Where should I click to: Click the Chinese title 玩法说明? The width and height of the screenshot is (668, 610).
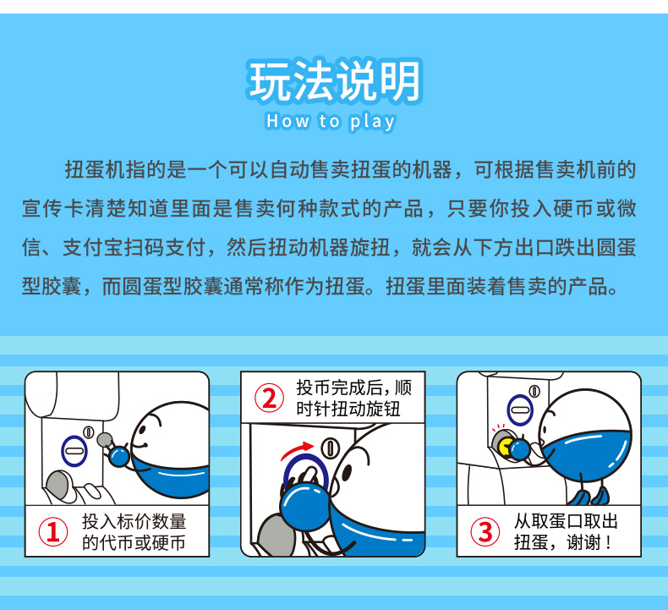[x=335, y=81]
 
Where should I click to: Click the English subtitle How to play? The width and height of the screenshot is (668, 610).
[x=331, y=122]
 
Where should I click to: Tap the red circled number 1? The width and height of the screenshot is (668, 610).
[x=53, y=532]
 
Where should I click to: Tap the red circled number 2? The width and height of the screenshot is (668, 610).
[x=269, y=398]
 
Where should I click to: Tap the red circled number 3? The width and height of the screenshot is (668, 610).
[x=485, y=531]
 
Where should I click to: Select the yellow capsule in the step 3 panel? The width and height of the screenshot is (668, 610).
[x=506, y=447]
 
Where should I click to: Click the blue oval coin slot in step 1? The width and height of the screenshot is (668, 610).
[x=74, y=451]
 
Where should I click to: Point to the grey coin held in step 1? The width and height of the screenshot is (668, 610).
[x=105, y=439]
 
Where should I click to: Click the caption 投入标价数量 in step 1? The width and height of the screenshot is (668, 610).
[x=134, y=521]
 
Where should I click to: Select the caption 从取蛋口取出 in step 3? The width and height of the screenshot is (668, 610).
[x=566, y=521]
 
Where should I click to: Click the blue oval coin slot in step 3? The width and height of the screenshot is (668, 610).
[x=520, y=409]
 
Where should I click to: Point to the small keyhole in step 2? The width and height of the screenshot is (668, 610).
[x=329, y=448]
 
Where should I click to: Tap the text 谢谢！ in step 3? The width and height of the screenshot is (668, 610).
[x=591, y=542]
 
